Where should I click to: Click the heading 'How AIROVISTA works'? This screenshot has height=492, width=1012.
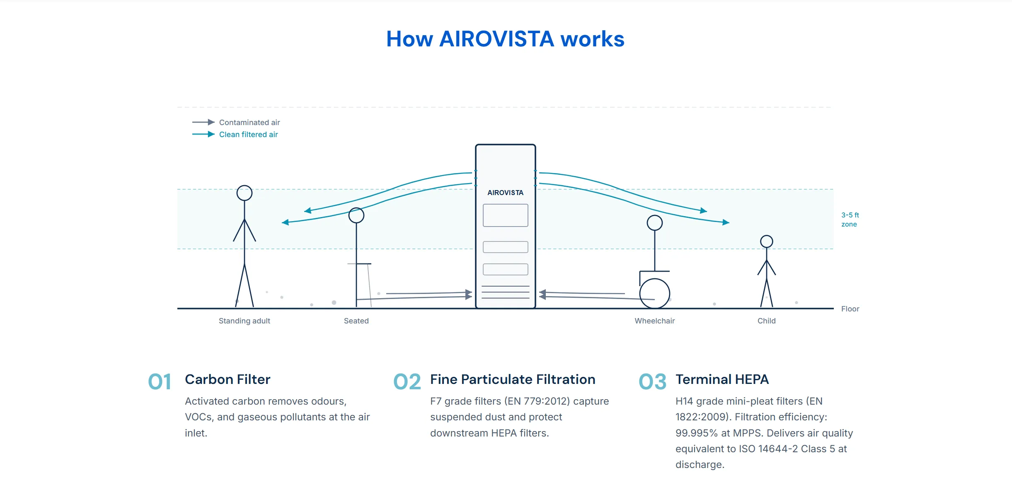point(505,39)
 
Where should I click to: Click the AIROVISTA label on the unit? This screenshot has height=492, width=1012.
point(505,193)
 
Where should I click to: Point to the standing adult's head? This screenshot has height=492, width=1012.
point(245,193)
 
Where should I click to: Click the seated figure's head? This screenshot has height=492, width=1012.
point(356,215)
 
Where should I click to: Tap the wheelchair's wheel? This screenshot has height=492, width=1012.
point(654,294)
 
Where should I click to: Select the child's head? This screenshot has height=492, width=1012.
point(767,241)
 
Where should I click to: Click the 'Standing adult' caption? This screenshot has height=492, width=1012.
point(245,321)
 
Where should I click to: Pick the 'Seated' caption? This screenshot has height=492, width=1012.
point(356,321)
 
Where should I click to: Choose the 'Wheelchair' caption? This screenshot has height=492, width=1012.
point(655,321)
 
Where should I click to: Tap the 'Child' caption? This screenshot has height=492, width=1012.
point(767,321)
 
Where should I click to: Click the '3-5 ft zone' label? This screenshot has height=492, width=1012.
point(850,219)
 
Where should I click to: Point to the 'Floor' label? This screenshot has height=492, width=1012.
point(850,309)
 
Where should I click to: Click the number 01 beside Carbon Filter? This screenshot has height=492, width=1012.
point(160,382)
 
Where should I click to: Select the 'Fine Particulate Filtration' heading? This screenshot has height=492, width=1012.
point(513,379)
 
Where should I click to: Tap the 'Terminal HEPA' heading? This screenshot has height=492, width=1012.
point(722,379)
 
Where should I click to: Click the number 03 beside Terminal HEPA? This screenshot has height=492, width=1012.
point(652,382)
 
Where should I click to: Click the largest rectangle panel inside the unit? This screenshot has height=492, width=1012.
point(506,215)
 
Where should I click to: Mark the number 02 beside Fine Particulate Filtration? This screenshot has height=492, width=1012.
point(407,382)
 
